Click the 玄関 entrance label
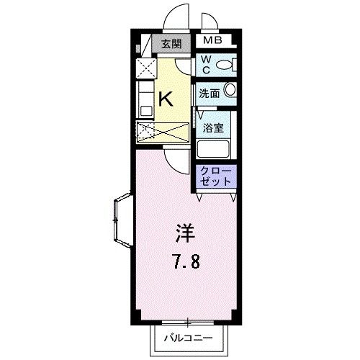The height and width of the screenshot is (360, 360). tap(171, 44)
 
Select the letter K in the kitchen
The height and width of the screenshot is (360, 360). tap(165, 97)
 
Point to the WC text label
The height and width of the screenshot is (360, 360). tap(205, 65)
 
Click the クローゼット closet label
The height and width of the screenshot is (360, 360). tap(217, 177)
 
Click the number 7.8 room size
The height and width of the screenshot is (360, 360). tap(185, 260)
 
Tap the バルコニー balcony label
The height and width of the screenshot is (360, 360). tap(189, 336)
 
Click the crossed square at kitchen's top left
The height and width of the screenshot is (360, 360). tap(146, 71)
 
